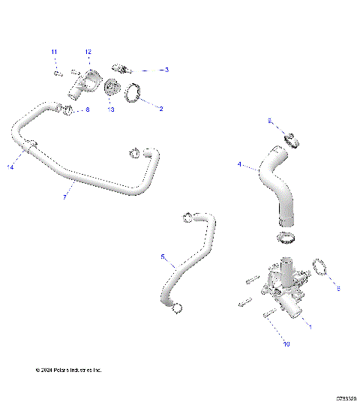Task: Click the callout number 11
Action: click(x=54, y=51)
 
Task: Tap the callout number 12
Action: click(x=88, y=52)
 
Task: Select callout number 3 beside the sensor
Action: click(x=166, y=69)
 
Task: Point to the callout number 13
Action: click(x=110, y=109)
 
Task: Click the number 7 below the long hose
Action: click(x=64, y=196)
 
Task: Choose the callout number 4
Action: click(x=239, y=164)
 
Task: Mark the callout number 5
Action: click(x=163, y=256)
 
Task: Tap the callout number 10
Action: click(x=285, y=344)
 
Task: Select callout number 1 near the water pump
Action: click(x=312, y=327)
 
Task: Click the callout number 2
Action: click(x=160, y=107)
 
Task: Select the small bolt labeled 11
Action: click(x=58, y=73)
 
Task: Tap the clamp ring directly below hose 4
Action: click(x=285, y=239)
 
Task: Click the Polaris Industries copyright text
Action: click(x=68, y=370)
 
